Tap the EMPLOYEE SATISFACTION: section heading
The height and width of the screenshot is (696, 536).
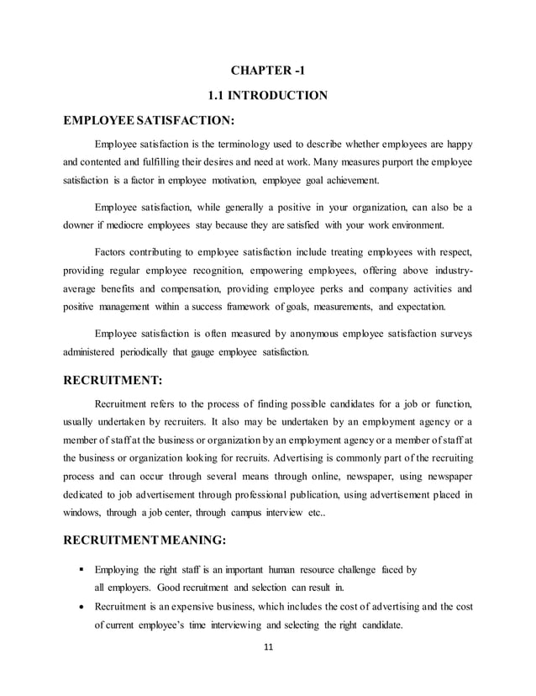point(149,120)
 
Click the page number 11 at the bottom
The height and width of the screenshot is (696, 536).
point(267,646)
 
